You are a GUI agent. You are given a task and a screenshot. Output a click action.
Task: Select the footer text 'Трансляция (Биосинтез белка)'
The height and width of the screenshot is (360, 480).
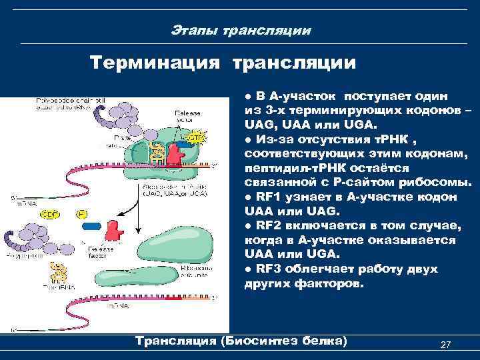(241, 341)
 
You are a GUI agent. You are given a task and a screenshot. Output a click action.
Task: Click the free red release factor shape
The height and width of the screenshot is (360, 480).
(115, 231)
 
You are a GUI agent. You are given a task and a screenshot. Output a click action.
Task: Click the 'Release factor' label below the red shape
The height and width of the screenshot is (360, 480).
(116, 251)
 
